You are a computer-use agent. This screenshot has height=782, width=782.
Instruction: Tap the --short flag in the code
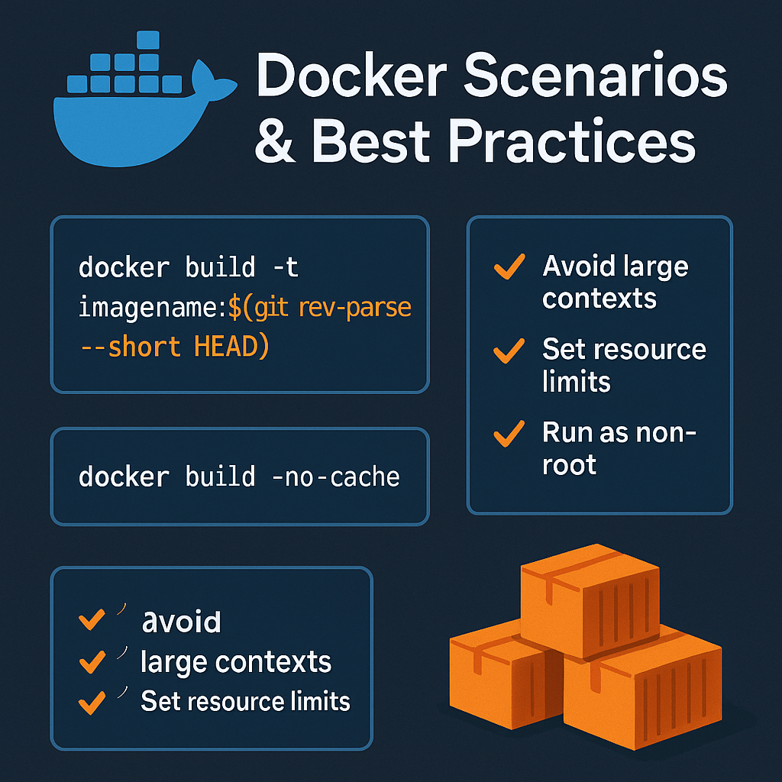(x=131, y=347)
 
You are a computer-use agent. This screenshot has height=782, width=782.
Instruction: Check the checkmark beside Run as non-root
(x=509, y=434)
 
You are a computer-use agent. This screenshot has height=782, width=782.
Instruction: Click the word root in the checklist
(x=569, y=464)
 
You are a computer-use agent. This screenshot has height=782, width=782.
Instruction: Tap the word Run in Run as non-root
(x=565, y=433)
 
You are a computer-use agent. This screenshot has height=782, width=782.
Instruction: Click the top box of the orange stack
(x=589, y=599)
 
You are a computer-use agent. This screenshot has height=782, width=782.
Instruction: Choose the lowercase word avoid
(x=182, y=622)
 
